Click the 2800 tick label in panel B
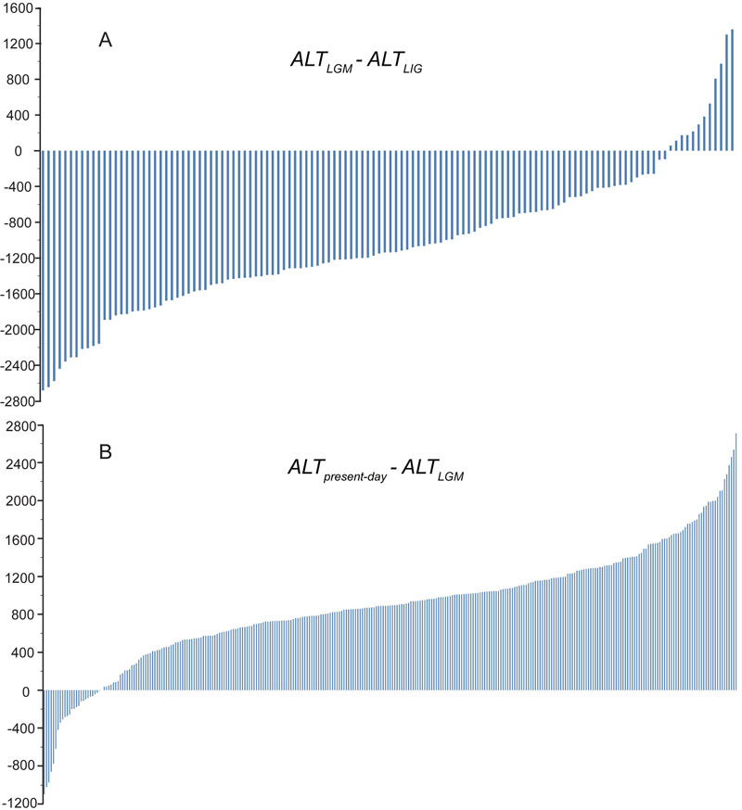pyautogui.click(x=19, y=426)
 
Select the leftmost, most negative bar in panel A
pyautogui.click(x=43, y=269)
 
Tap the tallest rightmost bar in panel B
pyautogui.click(x=736, y=562)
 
